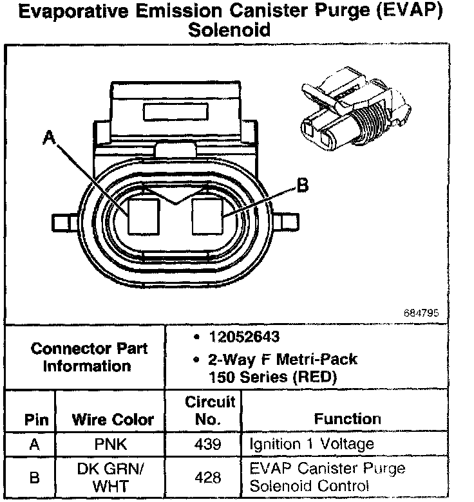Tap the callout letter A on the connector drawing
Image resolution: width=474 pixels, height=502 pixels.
click(x=49, y=137)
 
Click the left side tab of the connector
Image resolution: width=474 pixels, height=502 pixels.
click(x=64, y=223)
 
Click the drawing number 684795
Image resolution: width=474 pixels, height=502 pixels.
click(x=421, y=313)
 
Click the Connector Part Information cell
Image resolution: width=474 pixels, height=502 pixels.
click(x=89, y=357)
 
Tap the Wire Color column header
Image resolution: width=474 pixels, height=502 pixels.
click(x=113, y=420)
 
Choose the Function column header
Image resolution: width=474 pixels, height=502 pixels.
click(x=347, y=419)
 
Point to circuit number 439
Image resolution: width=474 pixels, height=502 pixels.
click(x=208, y=445)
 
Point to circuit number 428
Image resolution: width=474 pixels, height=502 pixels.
click(x=208, y=478)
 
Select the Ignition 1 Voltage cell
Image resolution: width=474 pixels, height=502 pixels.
click(x=311, y=445)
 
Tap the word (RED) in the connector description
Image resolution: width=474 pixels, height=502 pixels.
click(x=314, y=377)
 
